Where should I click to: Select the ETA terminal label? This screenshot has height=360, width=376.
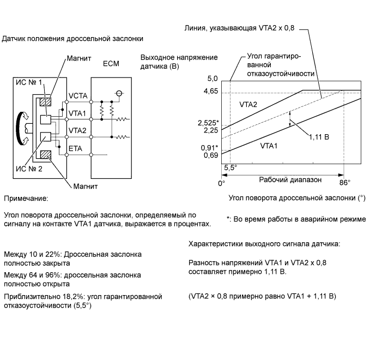tap(75, 147)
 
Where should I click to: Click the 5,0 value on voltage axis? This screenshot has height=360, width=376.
tap(212, 79)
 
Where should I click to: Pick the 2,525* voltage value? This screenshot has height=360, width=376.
tap(209, 123)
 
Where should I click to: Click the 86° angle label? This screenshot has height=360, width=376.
tap(345, 183)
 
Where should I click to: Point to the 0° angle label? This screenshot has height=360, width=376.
tap(221, 183)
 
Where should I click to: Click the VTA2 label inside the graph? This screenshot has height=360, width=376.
tap(248, 103)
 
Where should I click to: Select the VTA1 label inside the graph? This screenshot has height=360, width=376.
tap(270, 146)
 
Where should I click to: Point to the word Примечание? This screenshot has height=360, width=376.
tap(26, 199)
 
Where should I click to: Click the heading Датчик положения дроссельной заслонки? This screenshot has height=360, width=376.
tap(73, 39)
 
